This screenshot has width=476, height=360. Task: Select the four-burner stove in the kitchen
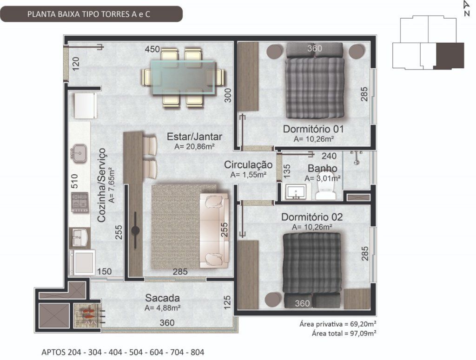tap(80, 202)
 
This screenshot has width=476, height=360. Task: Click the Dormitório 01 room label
tap(313, 129)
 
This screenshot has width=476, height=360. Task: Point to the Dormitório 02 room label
tap(312, 217)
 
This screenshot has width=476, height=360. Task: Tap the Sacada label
tap(162, 298)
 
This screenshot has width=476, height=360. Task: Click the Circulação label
tap(248, 165)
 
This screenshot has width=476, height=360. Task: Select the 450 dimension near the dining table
tap(152, 49)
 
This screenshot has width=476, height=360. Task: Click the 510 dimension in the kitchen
tap(74, 181)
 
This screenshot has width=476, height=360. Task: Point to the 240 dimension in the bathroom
tap(329, 156)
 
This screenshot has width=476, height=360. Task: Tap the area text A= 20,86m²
tap(195, 146)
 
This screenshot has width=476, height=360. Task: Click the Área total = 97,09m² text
tap(344, 334)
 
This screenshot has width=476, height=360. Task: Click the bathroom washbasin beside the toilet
tap(296, 191)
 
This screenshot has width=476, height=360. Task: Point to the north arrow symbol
tap(466, 8)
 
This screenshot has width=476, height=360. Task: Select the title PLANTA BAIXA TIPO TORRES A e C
tap(89, 14)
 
